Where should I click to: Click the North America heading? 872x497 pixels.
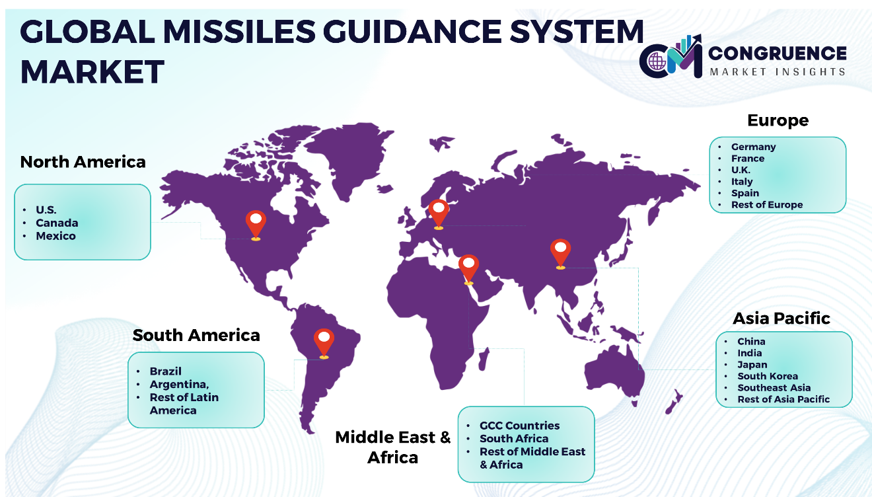(83, 162)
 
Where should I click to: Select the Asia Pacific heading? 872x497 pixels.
(781, 318)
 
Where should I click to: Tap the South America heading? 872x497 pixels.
(196, 335)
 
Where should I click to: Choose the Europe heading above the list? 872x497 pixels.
(778, 120)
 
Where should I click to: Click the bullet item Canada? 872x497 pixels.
(57, 223)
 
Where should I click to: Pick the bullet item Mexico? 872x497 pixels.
(55, 236)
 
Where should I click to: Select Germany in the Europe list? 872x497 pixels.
(753, 147)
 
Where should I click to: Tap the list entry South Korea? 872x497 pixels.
(768, 376)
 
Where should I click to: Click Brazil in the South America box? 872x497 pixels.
(165, 371)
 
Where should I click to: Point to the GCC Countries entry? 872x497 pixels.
(519, 426)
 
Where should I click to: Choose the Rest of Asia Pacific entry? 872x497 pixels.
(783, 399)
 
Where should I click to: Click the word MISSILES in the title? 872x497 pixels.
(239, 32)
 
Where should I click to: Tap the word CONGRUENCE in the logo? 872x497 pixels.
(778, 54)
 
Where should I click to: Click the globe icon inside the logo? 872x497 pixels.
(657, 61)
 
